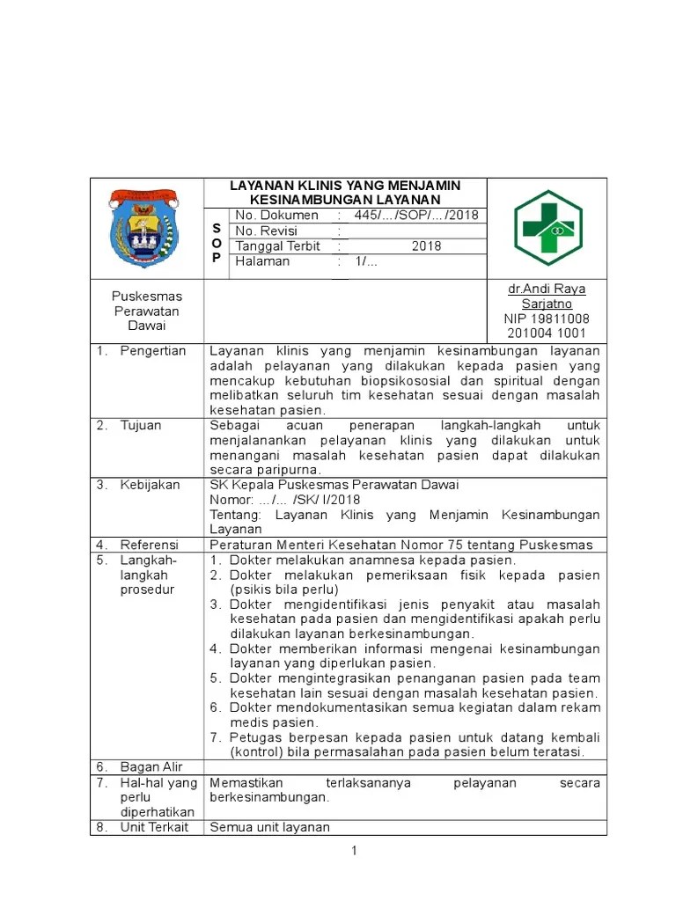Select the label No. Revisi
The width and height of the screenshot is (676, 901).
click(267, 231)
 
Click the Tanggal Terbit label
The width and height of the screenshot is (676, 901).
click(277, 246)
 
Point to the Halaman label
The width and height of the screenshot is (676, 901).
click(262, 261)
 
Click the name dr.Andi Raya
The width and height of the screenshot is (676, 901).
click(547, 289)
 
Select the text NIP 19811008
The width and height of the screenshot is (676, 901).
click(547, 319)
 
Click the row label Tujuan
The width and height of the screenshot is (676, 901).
click(141, 426)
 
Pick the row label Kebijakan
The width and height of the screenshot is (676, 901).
click(150, 485)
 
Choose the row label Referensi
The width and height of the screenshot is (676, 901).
click(149, 545)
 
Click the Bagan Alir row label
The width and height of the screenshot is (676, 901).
click(151, 767)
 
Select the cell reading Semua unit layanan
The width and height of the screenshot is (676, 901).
click(269, 827)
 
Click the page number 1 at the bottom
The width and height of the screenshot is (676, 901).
click(353, 851)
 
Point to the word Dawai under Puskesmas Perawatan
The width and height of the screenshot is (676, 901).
click(147, 326)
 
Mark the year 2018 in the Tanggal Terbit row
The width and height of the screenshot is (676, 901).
click(426, 246)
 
